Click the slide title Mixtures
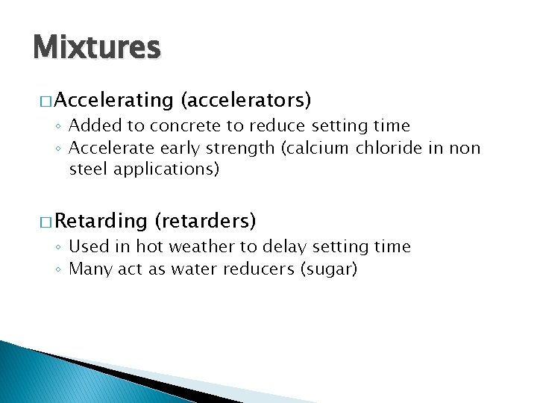click(96, 48)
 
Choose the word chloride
click(387, 148)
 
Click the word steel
click(87, 169)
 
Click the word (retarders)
click(205, 221)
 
